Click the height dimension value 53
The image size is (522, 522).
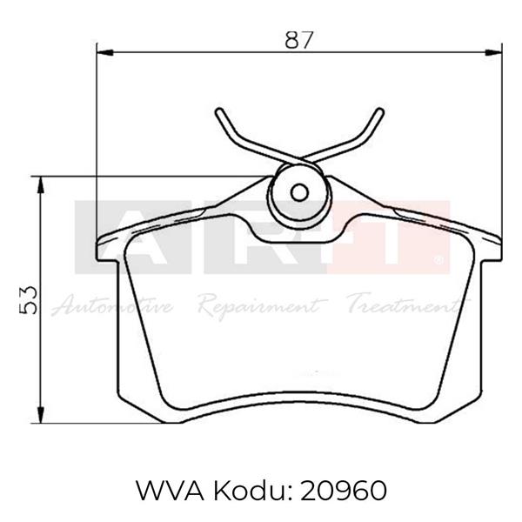[x=29, y=300]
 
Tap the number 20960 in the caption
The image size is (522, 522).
[x=345, y=492]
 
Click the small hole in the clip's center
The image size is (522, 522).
[x=298, y=193]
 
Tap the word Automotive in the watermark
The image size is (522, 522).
[x=113, y=305]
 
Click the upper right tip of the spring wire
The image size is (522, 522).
[x=379, y=110]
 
